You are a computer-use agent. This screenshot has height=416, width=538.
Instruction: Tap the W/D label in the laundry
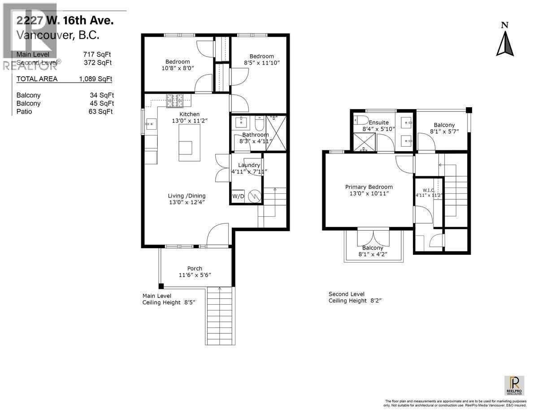tap(238, 197)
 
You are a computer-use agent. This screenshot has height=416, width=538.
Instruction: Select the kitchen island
tap(189, 143)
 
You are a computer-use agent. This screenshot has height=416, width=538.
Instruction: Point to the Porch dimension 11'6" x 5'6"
tap(195, 275)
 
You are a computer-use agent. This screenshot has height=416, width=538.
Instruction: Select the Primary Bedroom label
tap(369, 187)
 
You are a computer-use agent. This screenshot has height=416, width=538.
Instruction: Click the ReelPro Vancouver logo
tap(514, 385)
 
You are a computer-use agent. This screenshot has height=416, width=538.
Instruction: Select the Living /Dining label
tap(187, 196)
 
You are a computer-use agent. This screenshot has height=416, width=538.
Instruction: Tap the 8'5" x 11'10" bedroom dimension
tap(262, 63)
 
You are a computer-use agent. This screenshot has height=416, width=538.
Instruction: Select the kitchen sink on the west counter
tap(150, 122)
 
